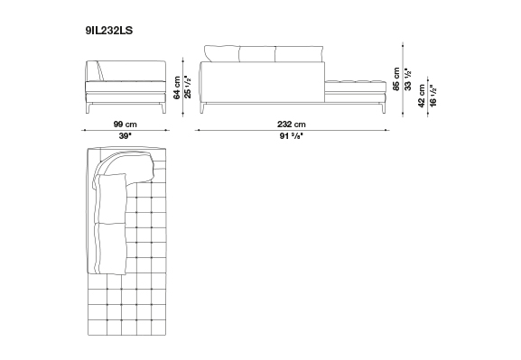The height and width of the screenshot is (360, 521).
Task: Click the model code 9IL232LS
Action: click(x=109, y=31)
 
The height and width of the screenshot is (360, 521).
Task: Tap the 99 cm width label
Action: click(x=125, y=125)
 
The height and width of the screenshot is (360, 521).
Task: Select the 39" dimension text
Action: click(x=126, y=136)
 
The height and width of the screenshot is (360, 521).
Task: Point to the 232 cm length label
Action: click(x=292, y=125)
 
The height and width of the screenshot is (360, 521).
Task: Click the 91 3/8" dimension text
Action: click(x=292, y=136)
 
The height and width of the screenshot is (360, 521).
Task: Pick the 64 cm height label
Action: click(x=177, y=88)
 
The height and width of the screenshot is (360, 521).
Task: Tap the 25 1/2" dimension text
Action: click(x=188, y=87)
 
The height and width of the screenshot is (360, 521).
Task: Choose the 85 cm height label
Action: click(x=396, y=78)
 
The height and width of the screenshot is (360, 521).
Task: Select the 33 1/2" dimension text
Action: click(x=408, y=79)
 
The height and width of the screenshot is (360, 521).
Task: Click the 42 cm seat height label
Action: click(x=422, y=96)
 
